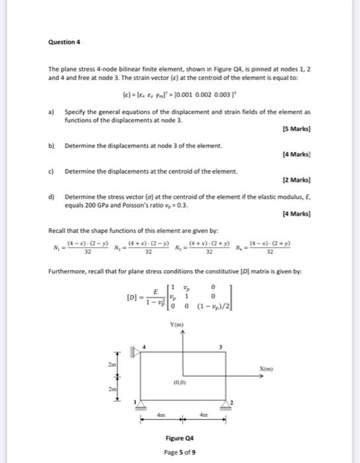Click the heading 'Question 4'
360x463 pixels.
(64, 42)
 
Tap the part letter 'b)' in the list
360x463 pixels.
(51, 146)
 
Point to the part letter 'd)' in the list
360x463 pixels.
(51, 197)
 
